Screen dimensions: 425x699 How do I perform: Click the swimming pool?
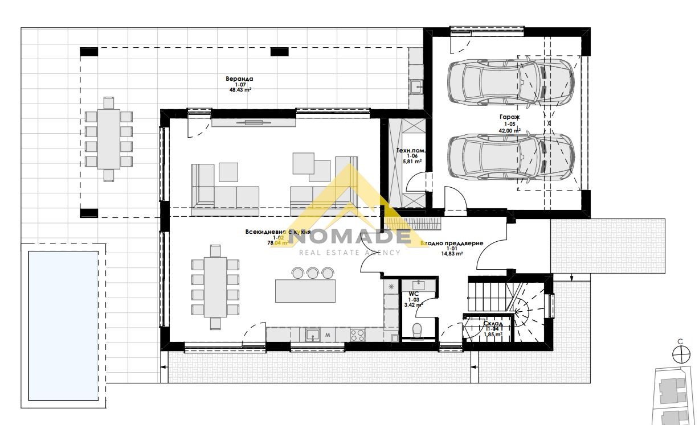pos(63,325)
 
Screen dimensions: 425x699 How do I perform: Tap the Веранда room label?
pos(239,79)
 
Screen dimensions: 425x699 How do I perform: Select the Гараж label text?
pos(511,117)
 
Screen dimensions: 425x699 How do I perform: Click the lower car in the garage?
pos(510,156)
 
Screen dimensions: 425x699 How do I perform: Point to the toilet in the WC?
pos(418,329)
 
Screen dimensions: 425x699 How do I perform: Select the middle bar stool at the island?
pos(312,273)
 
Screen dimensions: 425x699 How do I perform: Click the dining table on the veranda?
pos(109,139)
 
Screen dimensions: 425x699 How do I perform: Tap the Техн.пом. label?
pos(411,151)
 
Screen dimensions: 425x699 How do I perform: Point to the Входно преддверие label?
pos(452,243)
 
